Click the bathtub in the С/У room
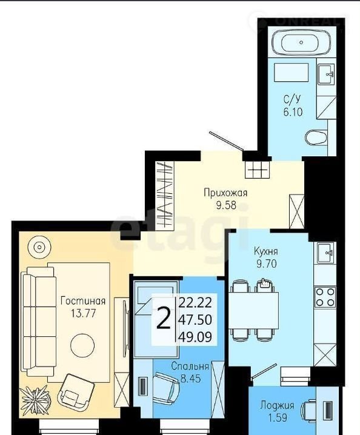(x=302, y=42)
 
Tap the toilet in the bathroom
(x=316, y=138)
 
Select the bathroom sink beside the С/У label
(x=326, y=74)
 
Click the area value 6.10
(x=293, y=112)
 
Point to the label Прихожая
(x=225, y=193)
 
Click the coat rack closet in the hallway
(x=164, y=196)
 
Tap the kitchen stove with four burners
(x=325, y=297)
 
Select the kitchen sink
(x=325, y=253)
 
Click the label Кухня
(x=266, y=251)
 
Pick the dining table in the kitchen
(x=255, y=310)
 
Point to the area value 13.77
(x=83, y=313)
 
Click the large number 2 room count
(x=163, y=319)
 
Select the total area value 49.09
(x=195, y=337)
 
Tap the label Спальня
(x=190, y=366)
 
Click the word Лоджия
(x=277, y=405)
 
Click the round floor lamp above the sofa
(x=39, y=247)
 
